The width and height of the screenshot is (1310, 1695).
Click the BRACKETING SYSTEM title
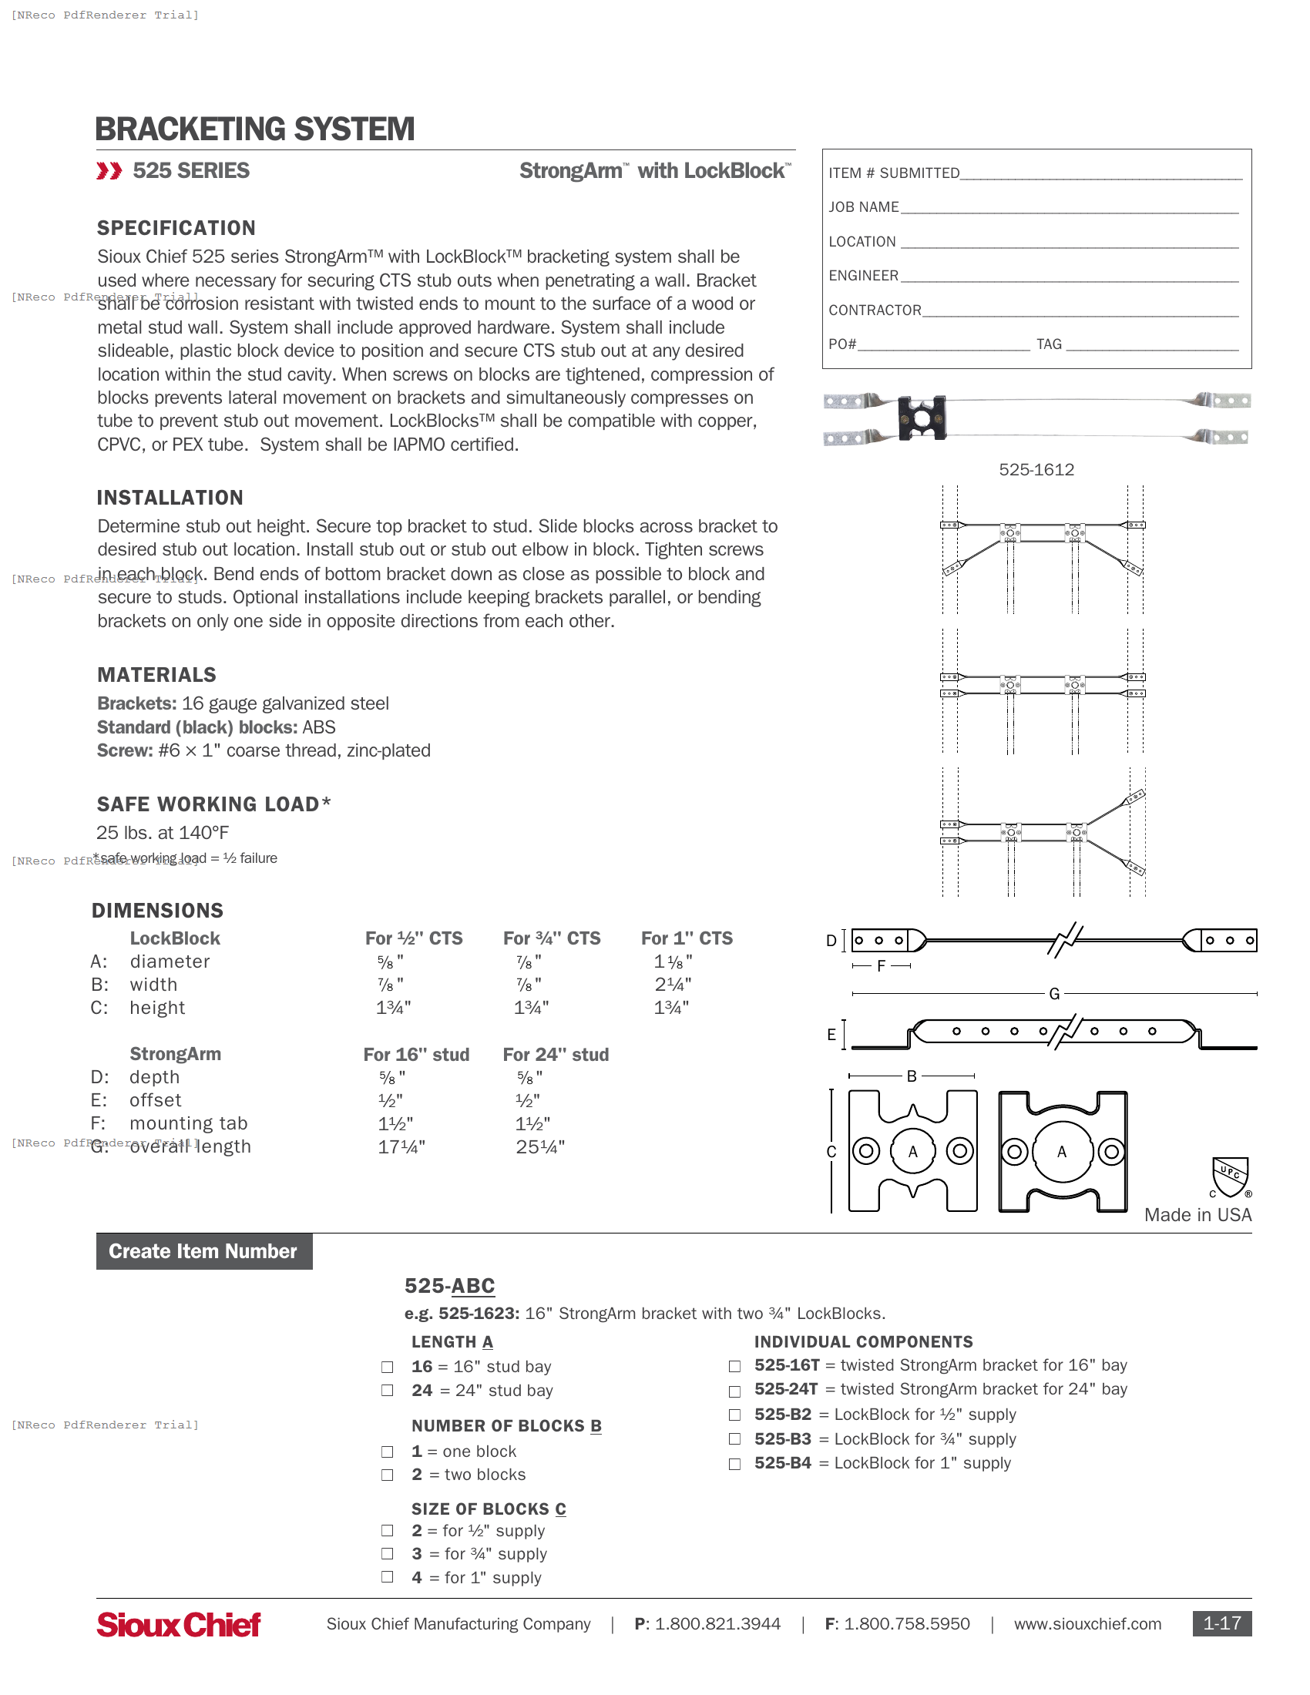click(x=254, y=129)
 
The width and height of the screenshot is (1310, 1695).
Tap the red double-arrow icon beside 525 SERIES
click(x=109, y=171)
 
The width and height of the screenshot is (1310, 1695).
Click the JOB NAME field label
click(x=863, y=207)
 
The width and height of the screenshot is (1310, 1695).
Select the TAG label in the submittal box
click(x=1049, y=344)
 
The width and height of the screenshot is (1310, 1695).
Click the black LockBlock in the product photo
click(x=921, y=418)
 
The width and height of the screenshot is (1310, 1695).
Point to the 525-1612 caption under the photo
click(x=1036, y=469)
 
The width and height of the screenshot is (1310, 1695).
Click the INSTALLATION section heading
click(x=170, y=498)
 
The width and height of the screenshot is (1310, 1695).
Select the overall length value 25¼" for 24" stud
click(x=540, y=1147)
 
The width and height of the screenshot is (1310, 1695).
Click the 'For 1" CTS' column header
click(x=686, y=938)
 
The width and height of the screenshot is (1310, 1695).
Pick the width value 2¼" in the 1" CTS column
click(x=672, y=985)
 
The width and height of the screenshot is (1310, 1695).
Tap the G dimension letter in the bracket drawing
click(x=1054, y=994)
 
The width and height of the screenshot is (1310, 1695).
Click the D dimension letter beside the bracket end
click(x=831, y=941)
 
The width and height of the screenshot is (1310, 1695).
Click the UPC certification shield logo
click(x=1230, y=1176)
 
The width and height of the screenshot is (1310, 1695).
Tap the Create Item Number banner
click(x=203, y=1251)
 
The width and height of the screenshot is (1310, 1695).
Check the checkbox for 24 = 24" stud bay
click(x=388, y=1391)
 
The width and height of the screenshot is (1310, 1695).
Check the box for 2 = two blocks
click(x=388, y=1475)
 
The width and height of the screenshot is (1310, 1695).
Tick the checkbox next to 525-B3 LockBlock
click(x=734, y=1439)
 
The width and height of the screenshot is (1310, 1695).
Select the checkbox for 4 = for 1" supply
click(x=388, y=1577)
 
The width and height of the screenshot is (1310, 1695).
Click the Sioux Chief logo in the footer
click(x=179, y=1624)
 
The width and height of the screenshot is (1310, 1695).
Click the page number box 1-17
click(x=1221, y=1623)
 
